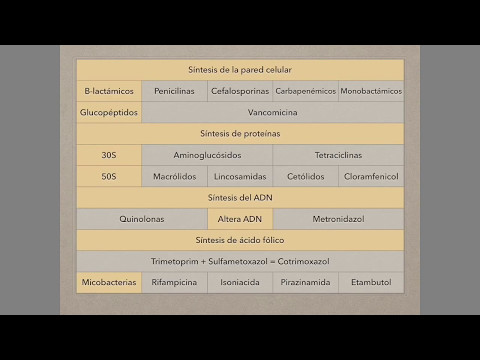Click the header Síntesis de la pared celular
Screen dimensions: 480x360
tap(240, 69)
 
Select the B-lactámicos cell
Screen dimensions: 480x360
tap(109, 91)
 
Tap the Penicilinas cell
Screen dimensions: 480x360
tap(174, 91)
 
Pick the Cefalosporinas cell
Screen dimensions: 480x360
tap(240, 91)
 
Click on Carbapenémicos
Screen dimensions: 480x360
tap(305, 91)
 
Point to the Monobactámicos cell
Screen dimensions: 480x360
tap(371, 91)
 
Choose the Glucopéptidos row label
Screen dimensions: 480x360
tap(109, 113)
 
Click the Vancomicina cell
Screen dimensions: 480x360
tap(272, 113)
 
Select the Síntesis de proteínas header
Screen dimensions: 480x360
tap(240, 134)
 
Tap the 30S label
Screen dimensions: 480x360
tap(109, 156)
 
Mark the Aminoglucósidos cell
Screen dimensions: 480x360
tap(207, 156)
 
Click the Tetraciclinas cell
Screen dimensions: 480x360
tap(338, 156)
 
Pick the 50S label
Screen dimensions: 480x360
tap(109, 177)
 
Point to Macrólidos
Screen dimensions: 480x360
tap(174, 177)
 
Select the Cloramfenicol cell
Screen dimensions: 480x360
tap(371, 177)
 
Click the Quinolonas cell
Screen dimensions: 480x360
tap(142, 219)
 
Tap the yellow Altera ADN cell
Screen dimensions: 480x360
tap(240, 219)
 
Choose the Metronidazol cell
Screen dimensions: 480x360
tap(338, 219)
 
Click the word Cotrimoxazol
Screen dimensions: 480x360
tap(297, 261)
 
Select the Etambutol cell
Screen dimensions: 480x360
tap(371, 283)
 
